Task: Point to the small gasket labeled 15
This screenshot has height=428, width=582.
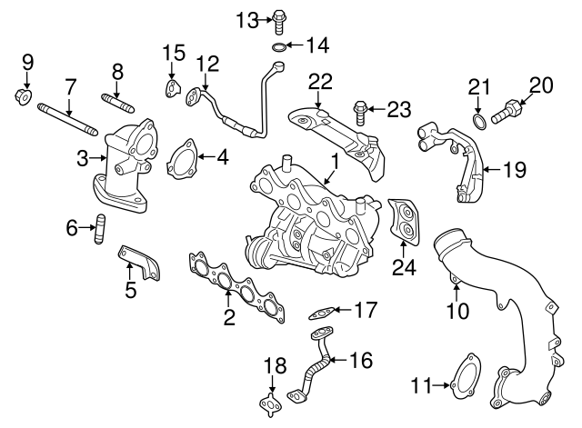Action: [170, 87]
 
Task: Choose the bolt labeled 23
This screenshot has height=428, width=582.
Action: [361, 113]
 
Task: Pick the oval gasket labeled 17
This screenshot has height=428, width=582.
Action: [319, 312]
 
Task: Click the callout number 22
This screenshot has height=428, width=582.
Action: [318, 81]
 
